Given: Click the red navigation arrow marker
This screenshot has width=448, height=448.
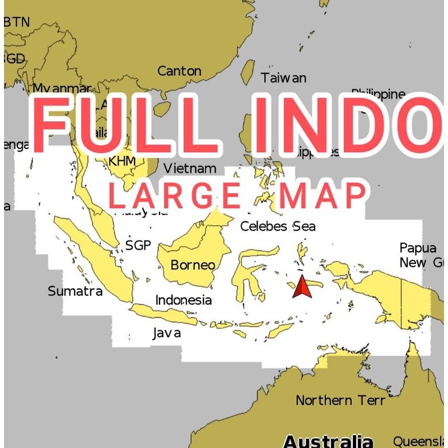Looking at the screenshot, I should [302, 287].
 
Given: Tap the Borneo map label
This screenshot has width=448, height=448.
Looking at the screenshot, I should [193, 265].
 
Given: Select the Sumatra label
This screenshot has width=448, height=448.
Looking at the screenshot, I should [75, 291].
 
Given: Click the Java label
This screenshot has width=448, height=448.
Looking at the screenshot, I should [166, 333].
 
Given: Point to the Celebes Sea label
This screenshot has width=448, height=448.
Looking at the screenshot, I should [278, 226].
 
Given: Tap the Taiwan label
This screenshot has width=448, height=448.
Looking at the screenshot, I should [283, 78].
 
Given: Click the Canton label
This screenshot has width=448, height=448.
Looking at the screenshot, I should [179, 71].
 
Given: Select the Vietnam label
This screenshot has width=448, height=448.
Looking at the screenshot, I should [190, 168].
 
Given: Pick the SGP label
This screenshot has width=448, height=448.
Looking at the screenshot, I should [138, 246].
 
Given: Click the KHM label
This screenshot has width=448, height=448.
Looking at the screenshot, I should [122, 161].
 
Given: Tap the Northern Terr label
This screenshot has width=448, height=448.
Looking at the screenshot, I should [340, 400].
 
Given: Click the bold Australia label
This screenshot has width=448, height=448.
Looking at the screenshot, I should [328, 441].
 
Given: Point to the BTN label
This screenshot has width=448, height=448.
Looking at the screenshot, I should [17, 22].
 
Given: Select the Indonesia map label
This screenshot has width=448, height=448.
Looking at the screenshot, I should [184, 300].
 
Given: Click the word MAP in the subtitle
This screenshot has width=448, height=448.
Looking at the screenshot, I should [323, 196].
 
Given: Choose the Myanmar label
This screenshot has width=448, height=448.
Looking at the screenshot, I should [62, 89].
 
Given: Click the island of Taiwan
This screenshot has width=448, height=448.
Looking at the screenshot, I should [247, 72].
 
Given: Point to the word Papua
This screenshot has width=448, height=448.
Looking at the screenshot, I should [418, 248].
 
